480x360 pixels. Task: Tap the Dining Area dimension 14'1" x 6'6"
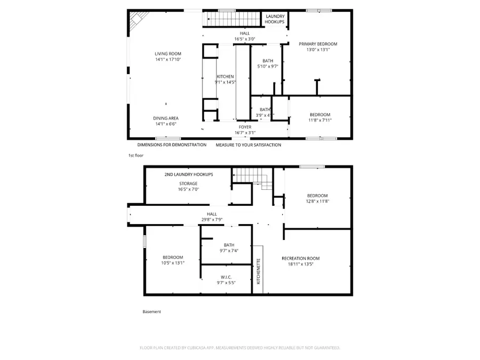[x=165, y=124]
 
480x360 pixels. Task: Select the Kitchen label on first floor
[x=225, y=77]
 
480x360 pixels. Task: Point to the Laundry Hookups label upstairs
[x=275, y=19]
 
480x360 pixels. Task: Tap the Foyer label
[x=245, y=127]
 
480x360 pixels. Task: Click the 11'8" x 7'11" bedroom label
[x=320, y=121]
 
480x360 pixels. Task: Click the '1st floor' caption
[x=135, y=155]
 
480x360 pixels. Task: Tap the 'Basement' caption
[x=151, y=312]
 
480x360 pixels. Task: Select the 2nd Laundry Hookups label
[x=188, y=174]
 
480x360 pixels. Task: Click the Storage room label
[x=188, y=183]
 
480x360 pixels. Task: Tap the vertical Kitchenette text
[x=258, y=271]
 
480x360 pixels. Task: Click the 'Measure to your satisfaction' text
[x=248, y=145]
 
